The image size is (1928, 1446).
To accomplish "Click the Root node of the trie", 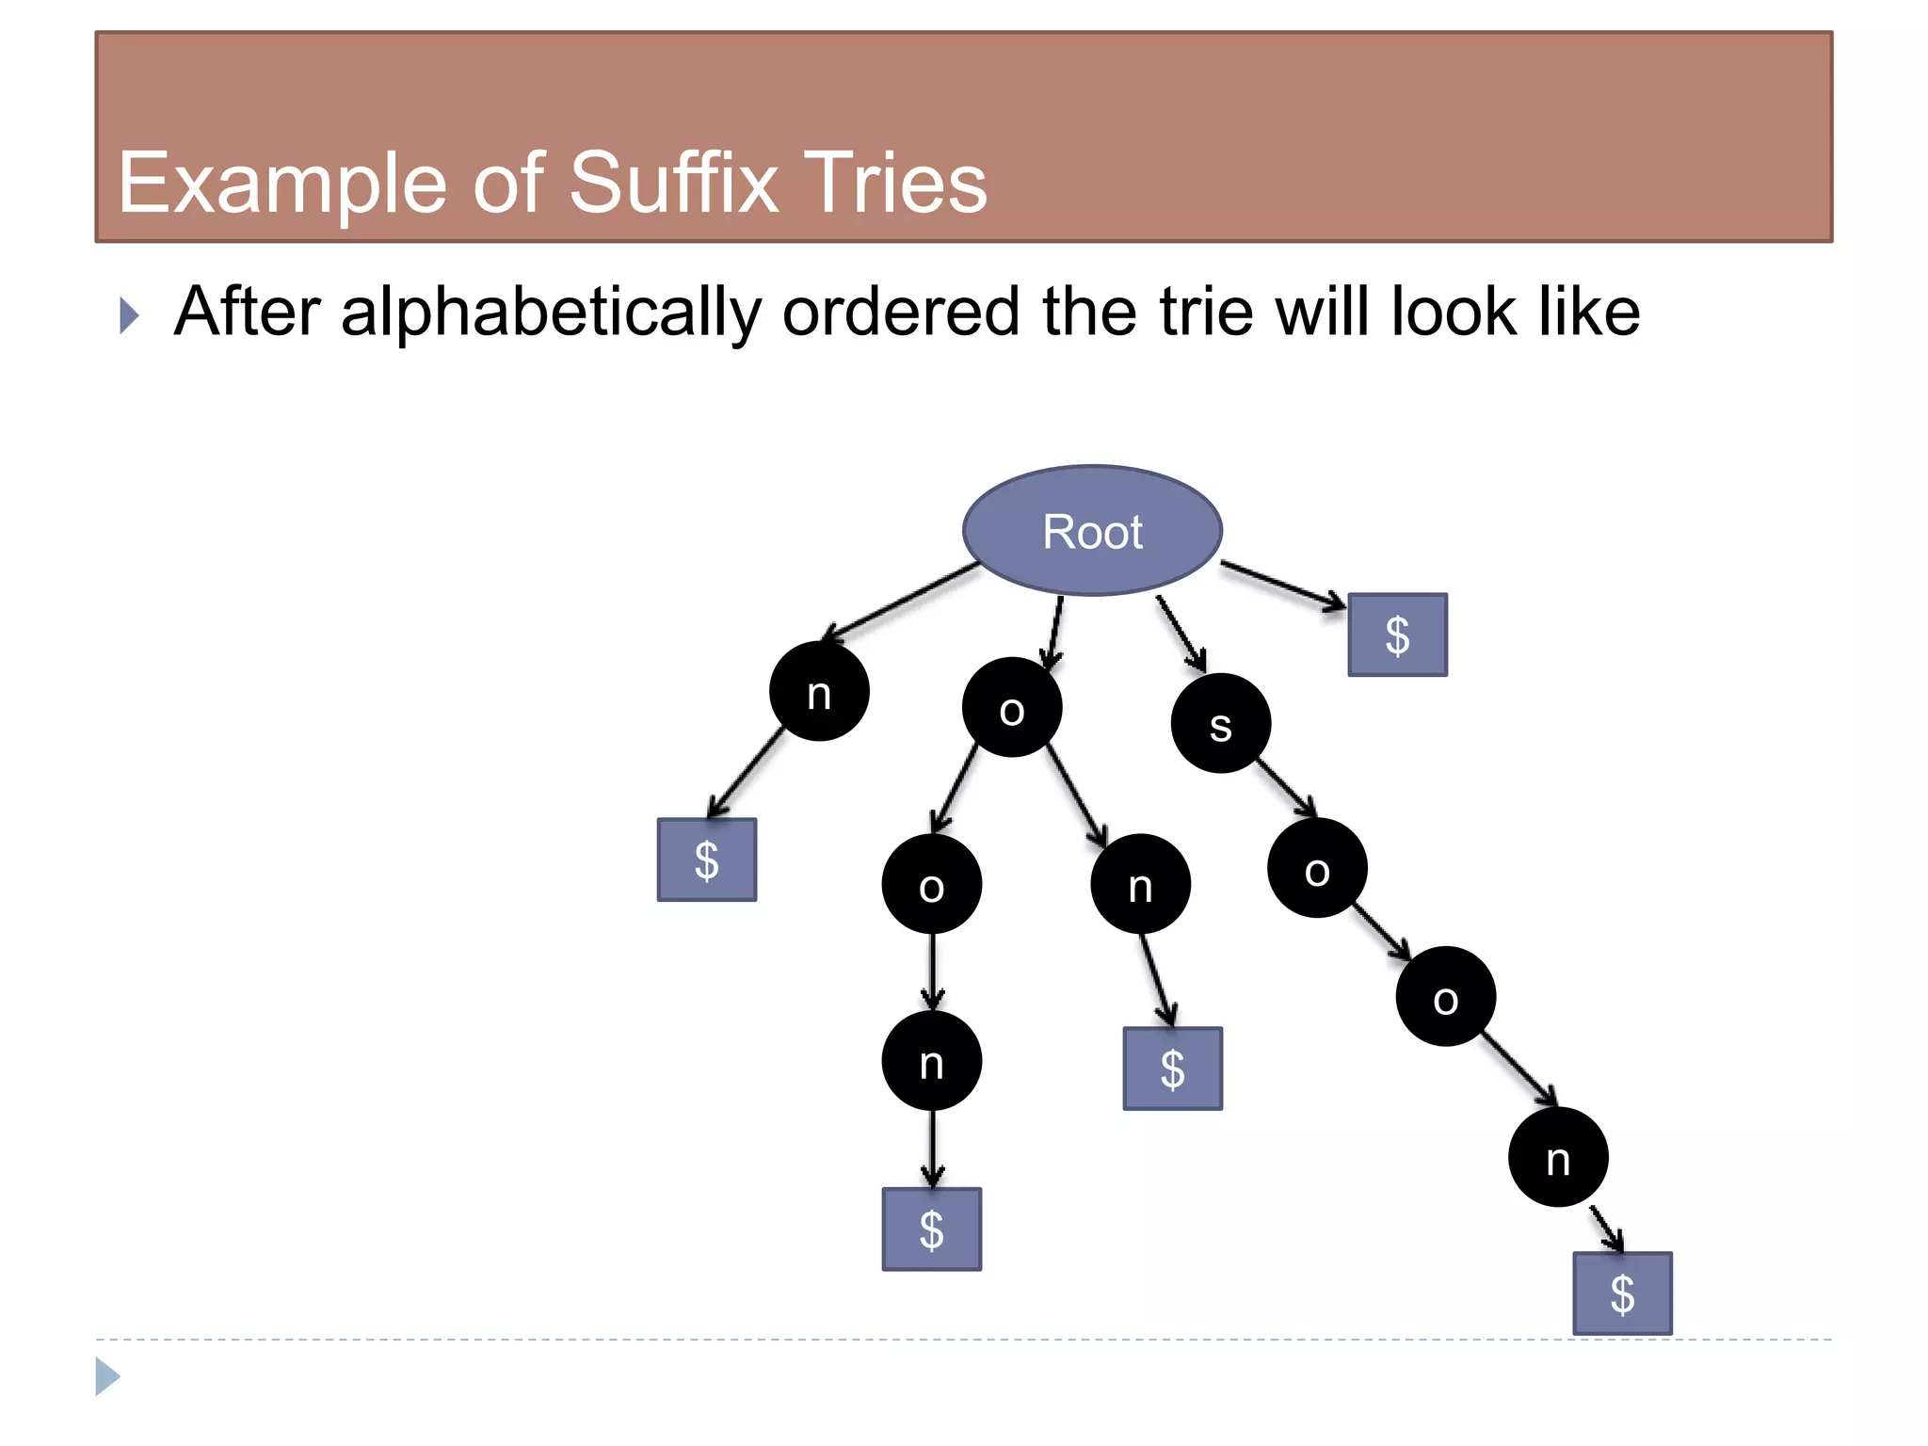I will (x=1092, y=531).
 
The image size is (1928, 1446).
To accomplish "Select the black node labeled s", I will (x=1220, y=723).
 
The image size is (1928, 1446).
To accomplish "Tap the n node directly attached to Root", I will (x=819, y=692).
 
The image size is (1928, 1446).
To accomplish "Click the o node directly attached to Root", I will (x=1012, y=707).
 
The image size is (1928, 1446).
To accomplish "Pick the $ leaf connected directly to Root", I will (x=1397, y=635).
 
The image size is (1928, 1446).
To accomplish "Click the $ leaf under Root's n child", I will (x=706, y=860).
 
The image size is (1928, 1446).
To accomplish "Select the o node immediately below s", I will (x=1317, y=868).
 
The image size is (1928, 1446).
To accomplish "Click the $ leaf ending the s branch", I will (x=1622, y=1293).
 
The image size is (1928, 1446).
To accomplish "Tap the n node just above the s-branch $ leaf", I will (x=1558, y=1157).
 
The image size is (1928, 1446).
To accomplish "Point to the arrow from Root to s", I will (x=1181, y=633).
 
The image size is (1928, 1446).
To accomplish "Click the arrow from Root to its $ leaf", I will (x=1282, y=585).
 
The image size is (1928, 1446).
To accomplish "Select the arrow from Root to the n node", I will (x=900, y=602).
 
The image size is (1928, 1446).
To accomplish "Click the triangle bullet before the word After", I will (x=129, y=315).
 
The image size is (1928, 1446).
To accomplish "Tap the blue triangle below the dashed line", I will (x=107, y=1376).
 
